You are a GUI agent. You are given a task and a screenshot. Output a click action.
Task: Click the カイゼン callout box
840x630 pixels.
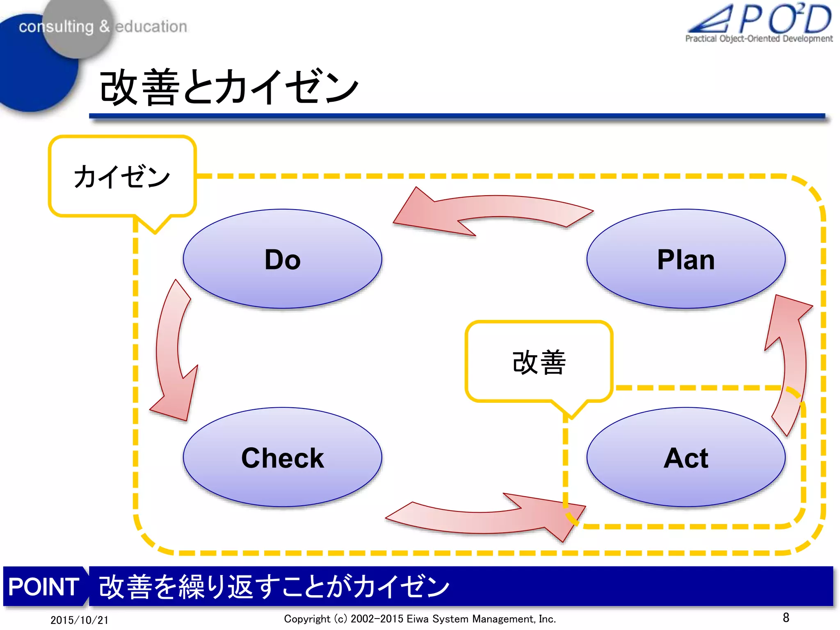click(x=122, y=176)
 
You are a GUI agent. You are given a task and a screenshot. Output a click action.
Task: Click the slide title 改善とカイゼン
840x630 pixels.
click(x=229, y=87)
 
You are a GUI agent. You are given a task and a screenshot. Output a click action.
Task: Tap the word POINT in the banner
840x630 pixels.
click(x=43, y=587)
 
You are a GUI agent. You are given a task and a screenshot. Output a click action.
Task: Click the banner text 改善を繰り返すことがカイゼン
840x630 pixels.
click(x=274, y=587)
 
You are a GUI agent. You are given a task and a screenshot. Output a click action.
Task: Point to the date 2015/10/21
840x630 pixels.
click(x=79, y=620)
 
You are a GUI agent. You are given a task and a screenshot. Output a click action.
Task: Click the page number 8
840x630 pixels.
click(x=786, y=617)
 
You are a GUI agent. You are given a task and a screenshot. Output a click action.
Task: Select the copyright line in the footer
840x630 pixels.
click(x=420, y=619)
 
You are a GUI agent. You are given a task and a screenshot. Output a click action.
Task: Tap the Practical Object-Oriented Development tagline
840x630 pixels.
click(x=759, y=39)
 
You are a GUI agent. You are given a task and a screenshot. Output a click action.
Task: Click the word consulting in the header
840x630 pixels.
click(x=56, y=27)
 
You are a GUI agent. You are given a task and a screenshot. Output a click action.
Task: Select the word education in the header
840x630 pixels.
click(x=151, y=27)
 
